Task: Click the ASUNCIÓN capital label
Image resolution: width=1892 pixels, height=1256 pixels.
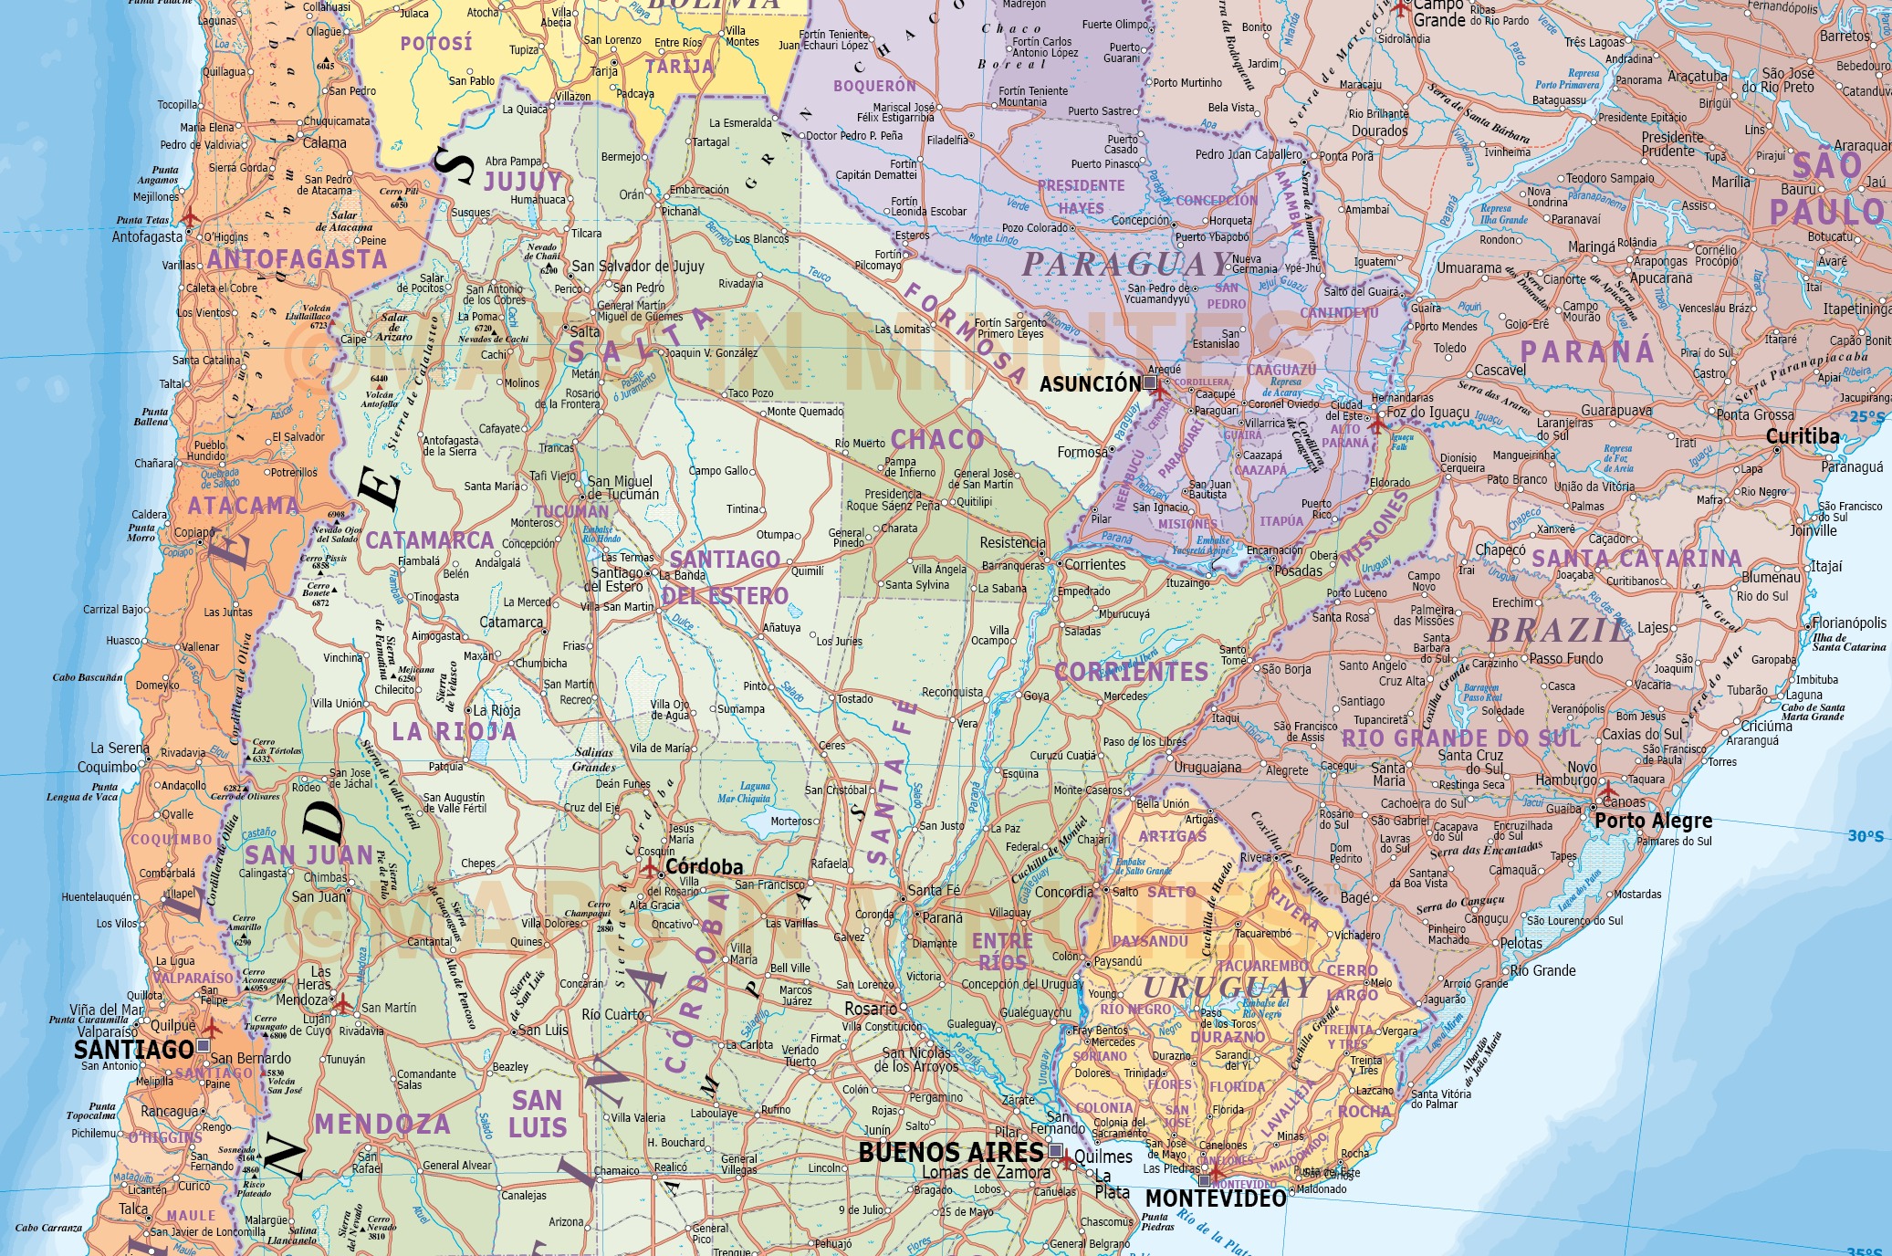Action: pyautogui.click(x=1090, y=384)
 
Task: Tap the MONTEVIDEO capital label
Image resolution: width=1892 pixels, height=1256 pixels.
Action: pyautogui.click(x=1215, y=1198)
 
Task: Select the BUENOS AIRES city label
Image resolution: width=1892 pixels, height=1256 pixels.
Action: pyautogui.click(x=950, y=1152)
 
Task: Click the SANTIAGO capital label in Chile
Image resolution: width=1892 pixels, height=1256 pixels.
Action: pyautogui.click(x=133, y=1049)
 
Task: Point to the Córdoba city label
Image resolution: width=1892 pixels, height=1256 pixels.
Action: pyautogui.click(x=704, y=866)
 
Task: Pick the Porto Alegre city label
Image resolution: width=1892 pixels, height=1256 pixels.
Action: pyautogui.click(x=1653, y=821)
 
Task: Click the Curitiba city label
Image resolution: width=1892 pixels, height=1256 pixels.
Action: pyautogui.click(x=1802, y=436)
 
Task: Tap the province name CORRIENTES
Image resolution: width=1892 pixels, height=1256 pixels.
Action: pyautogui.click(x=1131, y=672)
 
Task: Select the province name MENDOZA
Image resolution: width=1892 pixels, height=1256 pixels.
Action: pyautogui.click(x=382, y=1124)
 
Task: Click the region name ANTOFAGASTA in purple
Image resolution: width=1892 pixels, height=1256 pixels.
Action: pyautogui.click(x=297, y=260)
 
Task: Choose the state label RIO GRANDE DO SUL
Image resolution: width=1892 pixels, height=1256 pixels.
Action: pyautogui.click(x=1460, y=738)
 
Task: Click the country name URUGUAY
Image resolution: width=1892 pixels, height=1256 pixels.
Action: pyautogui.click(x=1228, y=988)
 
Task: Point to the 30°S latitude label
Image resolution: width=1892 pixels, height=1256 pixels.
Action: pyautogui.click(x=1865, y=836)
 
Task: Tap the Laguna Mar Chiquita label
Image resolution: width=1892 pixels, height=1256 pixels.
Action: pyautogui.click(x=744, y=792)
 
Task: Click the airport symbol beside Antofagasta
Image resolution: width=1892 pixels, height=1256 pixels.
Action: pyautogui.click(x=190, y=218)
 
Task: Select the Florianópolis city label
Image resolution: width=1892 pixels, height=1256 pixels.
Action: pyautogui.click(x=1848, y=623)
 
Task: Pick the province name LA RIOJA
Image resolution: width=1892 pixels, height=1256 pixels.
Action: pyautogui.click(x=454, y=732)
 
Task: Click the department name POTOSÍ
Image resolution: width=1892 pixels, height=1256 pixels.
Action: pyautogui.click(x=435, y=44)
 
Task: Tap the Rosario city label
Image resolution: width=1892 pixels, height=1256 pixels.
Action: pyautogui.click(x=870, y=1009)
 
